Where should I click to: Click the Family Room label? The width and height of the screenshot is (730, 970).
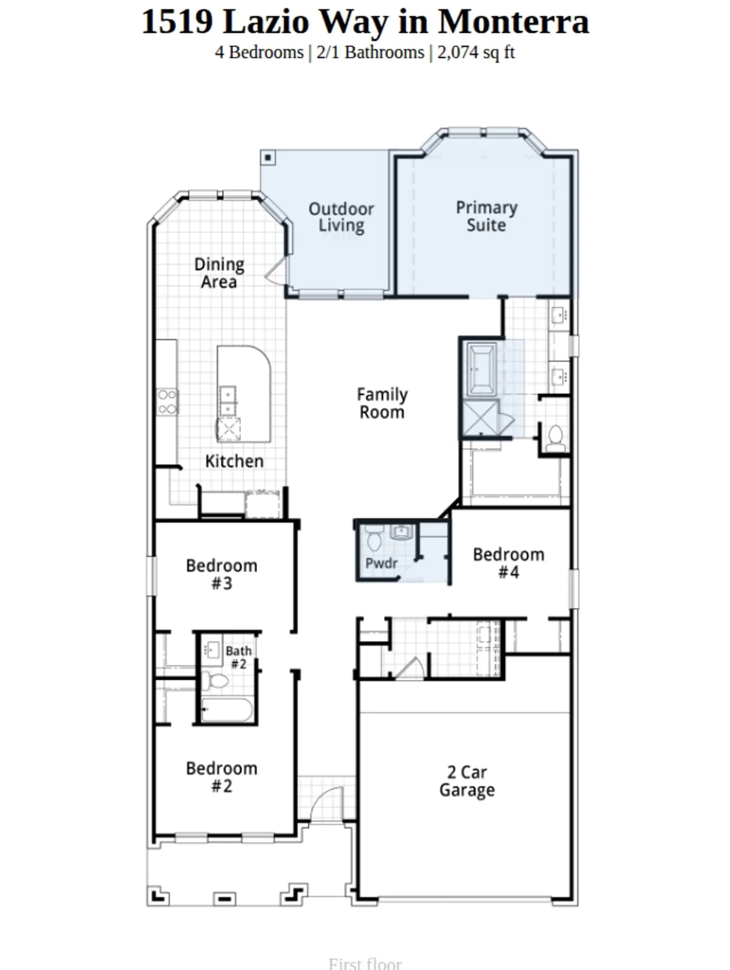pyautogui.click(x=382, y=403)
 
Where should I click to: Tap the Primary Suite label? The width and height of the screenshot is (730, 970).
pyautogui.click(x=486, y=216)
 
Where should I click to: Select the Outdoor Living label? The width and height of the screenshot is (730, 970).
pyautogui.click(x=341, y=217)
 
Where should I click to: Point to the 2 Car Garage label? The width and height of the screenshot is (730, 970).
pyautogui.click(x=467, y=781)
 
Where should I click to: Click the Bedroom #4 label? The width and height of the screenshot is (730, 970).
pyautogui.click(x=509, y=563)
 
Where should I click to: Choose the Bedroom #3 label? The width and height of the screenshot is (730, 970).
pyautogui.click(x=222, y=574)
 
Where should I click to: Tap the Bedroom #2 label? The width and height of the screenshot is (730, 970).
pyautogui.click(x=222, y=777)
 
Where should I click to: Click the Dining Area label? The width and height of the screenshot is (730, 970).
pyautogui.click(x=219, y=273)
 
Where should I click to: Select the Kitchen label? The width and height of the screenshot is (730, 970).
pyautogui.click(x=235, y=461)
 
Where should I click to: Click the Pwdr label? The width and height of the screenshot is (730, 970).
pyautogui.click(x=381, y=563)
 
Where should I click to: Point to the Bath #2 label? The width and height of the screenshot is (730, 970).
pyautogui.click(x=239, y=657)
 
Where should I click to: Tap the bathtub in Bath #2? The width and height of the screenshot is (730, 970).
pyautogui.click(x=227, y=709)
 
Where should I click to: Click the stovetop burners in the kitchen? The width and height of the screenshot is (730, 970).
pyautogui.click(x=167, y=402)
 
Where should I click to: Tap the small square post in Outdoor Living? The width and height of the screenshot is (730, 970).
pyautogui.click(x=268, y=158)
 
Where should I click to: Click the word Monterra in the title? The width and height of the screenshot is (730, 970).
pyautogui.click(x=514, y=21)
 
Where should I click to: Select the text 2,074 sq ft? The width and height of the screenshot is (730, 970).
pyautogui.click(x=476, y=52)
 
